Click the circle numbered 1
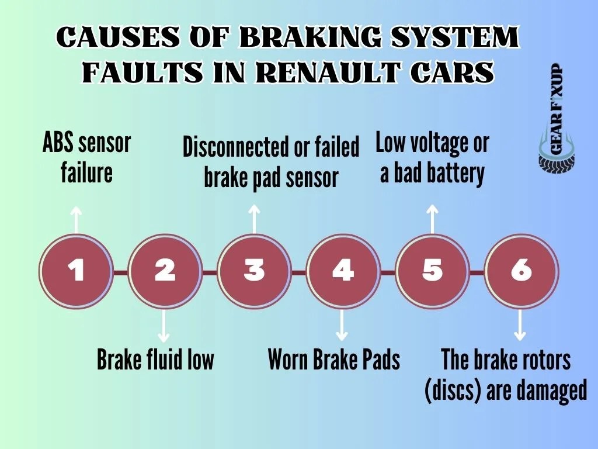point(75,271)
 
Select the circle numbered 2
point(165,271)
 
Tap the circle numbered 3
point(254,271)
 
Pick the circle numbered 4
point(343,271)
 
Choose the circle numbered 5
point(432,271)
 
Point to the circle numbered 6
point(521,271)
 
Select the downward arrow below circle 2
point(165,326)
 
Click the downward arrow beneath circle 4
point(343,326)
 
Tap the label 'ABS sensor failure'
point(87,158)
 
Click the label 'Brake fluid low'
point(155,360)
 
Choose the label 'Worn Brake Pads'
point(333,360)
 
